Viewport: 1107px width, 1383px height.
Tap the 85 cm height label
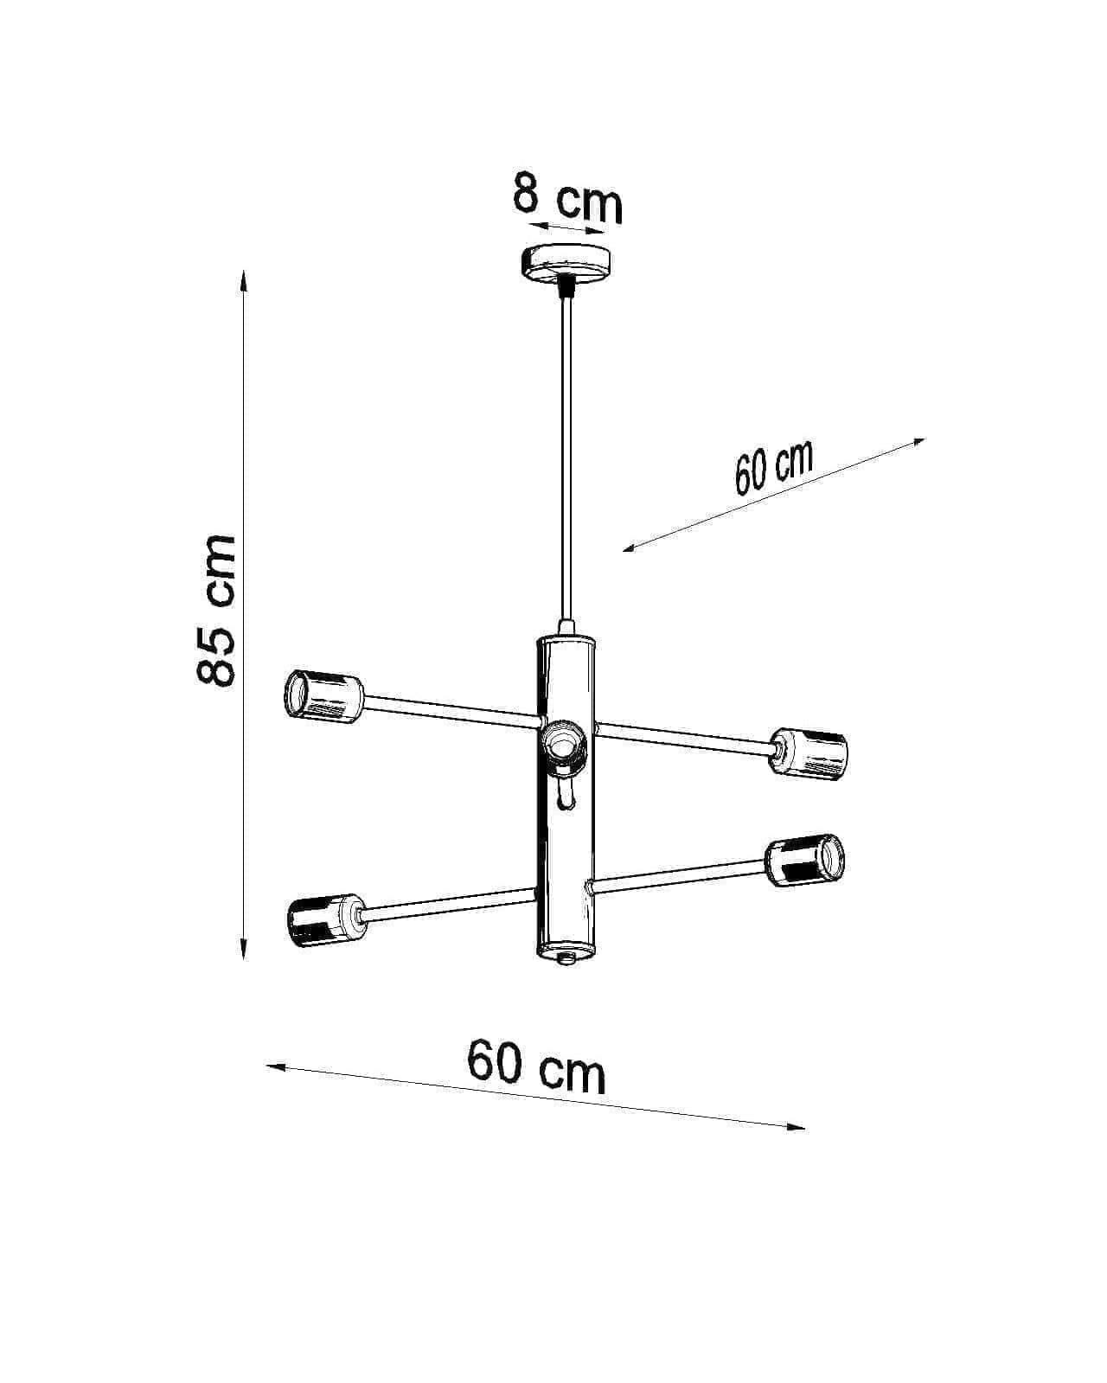(216, 609)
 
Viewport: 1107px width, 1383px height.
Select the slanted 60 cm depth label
(773, 467)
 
